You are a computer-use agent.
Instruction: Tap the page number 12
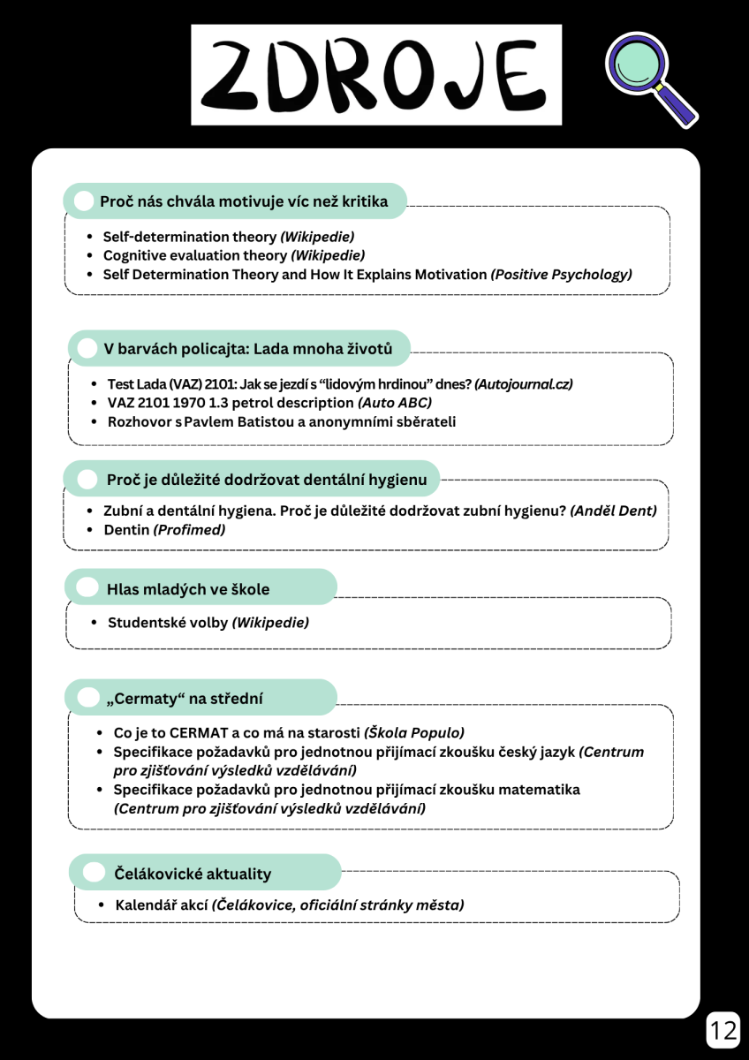click(723, 1029)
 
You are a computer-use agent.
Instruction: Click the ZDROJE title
click(376, 74)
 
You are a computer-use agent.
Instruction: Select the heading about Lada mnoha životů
click(247, 349)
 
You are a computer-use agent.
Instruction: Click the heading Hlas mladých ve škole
click(188, 589)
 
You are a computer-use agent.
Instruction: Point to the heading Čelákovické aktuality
click(193, 874)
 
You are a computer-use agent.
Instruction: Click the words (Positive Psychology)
click(561, 275)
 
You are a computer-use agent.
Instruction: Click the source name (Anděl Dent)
click(613, 511)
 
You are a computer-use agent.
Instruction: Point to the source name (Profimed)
click(189, 530)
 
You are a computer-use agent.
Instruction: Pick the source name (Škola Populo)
click(413, 732)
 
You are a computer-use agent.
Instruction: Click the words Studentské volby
click(167, 623)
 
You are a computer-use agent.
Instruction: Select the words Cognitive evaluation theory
click(194, 255)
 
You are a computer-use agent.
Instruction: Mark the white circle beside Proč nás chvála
click(84, 201)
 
